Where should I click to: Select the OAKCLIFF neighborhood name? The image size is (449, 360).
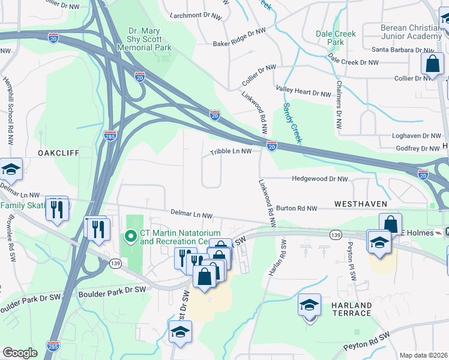point(58,153)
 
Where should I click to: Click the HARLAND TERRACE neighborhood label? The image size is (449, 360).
point(351,309)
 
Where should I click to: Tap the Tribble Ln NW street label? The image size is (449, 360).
point(231,152)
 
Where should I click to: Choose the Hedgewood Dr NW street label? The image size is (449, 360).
point(319,179)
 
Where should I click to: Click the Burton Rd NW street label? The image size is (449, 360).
point(296,208)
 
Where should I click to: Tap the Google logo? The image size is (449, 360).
point(20,353)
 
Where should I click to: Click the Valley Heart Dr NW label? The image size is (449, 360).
point(303,94)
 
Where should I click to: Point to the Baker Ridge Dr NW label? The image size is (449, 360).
point(239,37)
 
